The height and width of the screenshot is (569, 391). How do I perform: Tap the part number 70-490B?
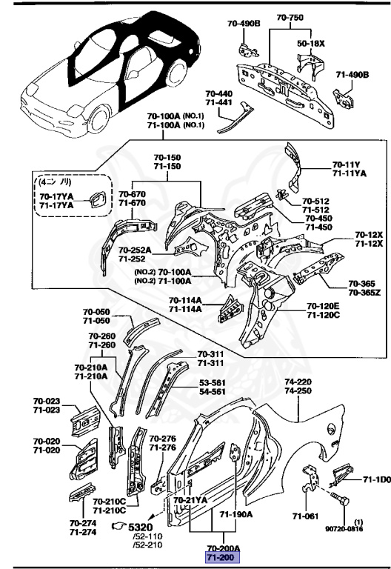coord(245,24)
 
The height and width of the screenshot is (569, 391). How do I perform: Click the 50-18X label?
coord(311,44)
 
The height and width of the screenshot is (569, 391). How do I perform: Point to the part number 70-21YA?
coord(191,500)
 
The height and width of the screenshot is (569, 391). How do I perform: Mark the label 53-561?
coord(213,383)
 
